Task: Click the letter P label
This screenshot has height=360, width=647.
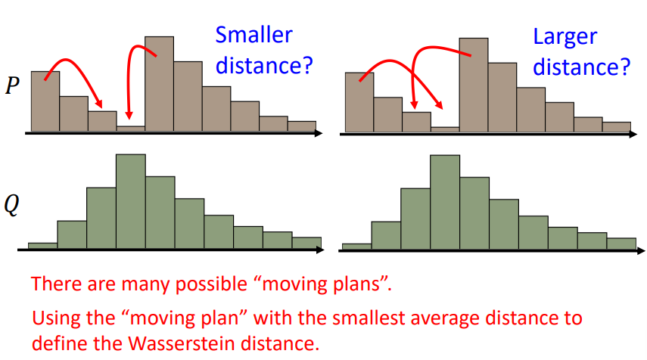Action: (x=12, y=85)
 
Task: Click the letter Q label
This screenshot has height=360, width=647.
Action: (x=11, y=204)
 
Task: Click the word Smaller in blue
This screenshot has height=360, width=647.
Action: (x=254, y=35)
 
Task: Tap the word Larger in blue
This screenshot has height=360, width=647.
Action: (x=565, y=38)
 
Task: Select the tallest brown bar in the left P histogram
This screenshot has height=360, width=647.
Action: (x=159, y=84)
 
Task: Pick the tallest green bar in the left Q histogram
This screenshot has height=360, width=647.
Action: (x=131, y=202)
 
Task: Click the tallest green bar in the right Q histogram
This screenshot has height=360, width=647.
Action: (x=445, y=203)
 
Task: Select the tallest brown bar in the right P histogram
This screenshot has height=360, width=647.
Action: (x=474, y=85)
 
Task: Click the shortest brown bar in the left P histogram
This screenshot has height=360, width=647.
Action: (x=131, y=129)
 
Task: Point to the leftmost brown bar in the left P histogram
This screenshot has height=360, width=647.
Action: (x=45, y=101)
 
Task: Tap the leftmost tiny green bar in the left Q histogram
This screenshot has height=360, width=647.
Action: (x=43, y=246)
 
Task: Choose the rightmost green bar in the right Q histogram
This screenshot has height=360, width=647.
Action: (x=621, y=244)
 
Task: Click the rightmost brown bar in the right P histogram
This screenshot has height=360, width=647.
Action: (x=617, y=127)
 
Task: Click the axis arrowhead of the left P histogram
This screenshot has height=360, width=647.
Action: (x=318, y=133)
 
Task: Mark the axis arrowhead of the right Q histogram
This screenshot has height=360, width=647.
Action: (x=640, y=250)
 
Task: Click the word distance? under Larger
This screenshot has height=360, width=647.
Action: (x=582, y=67)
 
